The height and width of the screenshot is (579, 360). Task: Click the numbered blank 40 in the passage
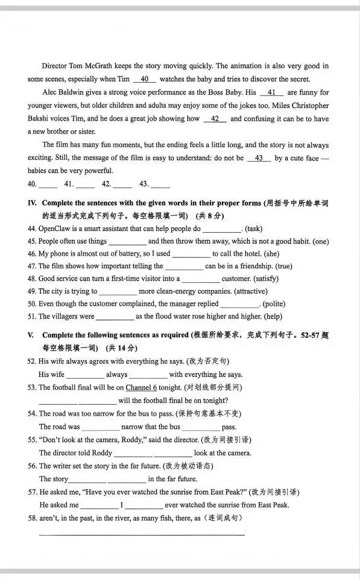point(144,79)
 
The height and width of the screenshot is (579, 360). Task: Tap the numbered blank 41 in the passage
point(271,92)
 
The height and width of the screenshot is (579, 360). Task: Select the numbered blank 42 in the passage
point(215,119)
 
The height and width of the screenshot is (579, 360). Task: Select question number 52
point(32,361)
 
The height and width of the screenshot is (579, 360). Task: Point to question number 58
point(32,518)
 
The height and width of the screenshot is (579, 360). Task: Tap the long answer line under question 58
point(142,534)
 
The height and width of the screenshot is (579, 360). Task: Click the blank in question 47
point(184,267)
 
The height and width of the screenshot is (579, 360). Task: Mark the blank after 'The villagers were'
point(115,317)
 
